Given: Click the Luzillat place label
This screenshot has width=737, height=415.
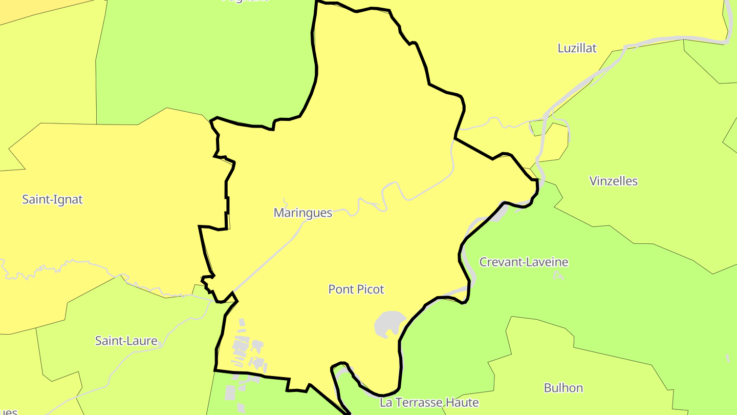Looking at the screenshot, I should pos(577,48).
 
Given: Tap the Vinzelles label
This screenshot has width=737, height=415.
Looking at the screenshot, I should pos(613,181).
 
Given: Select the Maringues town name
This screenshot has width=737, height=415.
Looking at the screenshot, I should pos(303,213).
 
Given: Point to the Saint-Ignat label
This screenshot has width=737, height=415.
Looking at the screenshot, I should pos(52,199).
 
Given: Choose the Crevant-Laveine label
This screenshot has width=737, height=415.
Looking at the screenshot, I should pos(524,262).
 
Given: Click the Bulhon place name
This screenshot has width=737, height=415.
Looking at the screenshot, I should pos(563,387).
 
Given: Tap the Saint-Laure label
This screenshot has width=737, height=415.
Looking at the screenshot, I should pos(126,341).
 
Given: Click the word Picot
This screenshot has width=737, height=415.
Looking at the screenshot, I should pos(368,289).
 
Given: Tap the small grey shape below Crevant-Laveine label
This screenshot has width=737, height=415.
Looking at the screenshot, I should pos(558,276).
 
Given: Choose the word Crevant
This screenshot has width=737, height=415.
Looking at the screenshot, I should pos(499,262).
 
